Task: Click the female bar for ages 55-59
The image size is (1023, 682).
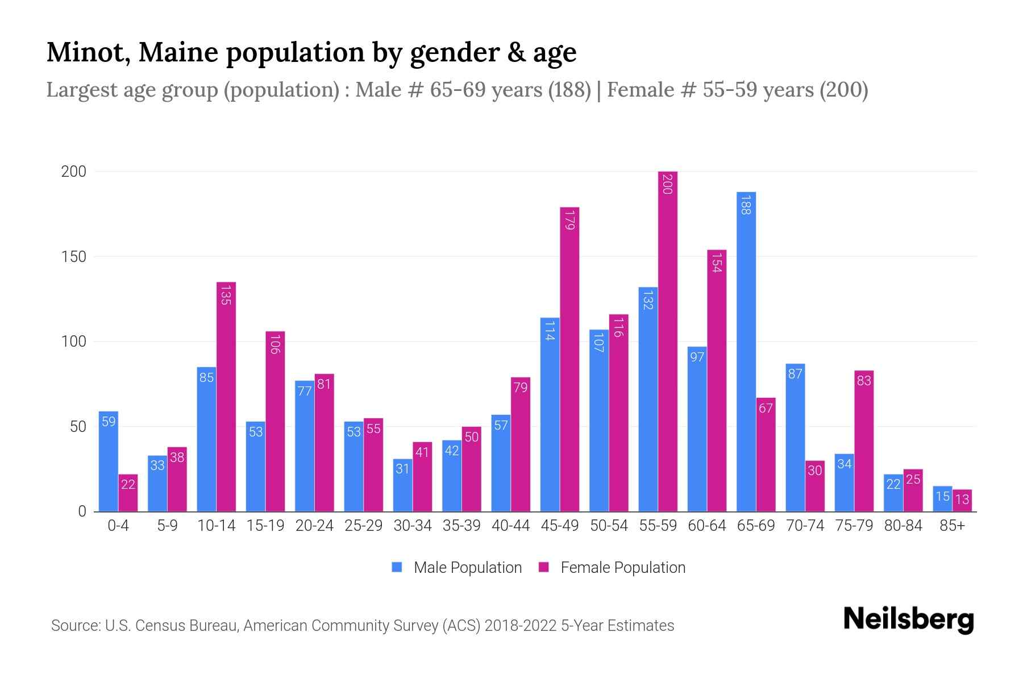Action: coord(668,341)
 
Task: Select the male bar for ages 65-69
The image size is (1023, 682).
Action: coord(746,352)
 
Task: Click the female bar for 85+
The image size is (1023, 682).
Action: coord(962,501)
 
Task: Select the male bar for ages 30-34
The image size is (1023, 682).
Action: coord(402,485)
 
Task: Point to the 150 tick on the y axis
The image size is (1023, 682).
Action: coord(73,257)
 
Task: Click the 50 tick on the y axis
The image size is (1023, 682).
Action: coord(78,427)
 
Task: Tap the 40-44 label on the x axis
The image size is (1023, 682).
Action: coord(510,526)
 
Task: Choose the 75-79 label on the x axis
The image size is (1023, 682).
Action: coord(854,526)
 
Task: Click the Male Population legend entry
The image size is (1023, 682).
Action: coord(467,568)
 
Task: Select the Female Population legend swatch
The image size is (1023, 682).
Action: coord(544,567)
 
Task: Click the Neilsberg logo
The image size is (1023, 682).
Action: coord(908,619)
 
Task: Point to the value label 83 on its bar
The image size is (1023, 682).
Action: coord(863,381)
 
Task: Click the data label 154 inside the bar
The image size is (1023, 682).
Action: coord(716,261)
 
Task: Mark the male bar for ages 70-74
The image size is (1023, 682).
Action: coord(795,438)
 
